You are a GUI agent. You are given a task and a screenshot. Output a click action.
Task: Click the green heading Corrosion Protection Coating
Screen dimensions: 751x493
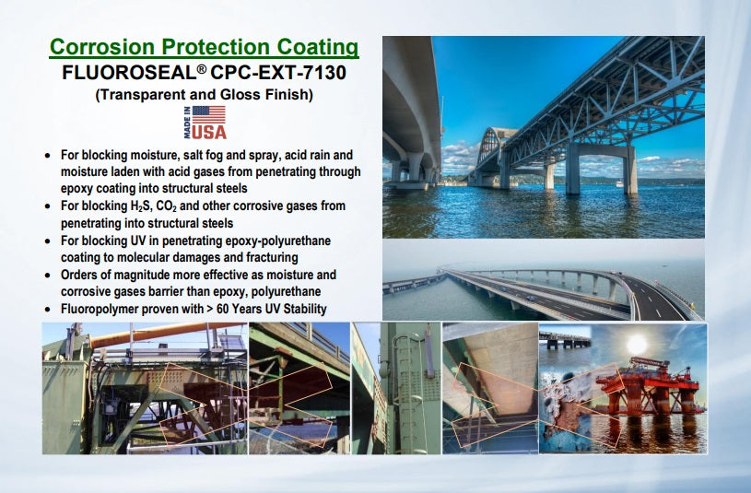point(204,47)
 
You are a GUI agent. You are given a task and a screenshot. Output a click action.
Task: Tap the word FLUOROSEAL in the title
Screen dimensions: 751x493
point(129,73)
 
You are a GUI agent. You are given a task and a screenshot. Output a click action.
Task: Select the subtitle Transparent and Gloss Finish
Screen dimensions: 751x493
point(204,94)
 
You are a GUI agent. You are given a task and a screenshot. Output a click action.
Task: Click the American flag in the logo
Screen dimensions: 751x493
point(209,114)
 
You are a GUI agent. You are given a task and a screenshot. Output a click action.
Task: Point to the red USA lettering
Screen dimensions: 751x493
point(209,132)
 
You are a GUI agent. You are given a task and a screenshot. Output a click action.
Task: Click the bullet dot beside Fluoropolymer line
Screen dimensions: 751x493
point(47,310)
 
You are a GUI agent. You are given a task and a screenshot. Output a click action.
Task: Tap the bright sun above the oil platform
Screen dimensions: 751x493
point(637,344)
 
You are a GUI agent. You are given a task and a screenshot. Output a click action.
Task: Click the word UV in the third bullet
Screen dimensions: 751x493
point(135,241)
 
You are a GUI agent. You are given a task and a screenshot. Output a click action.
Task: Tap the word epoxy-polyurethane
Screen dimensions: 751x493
point(277,241)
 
